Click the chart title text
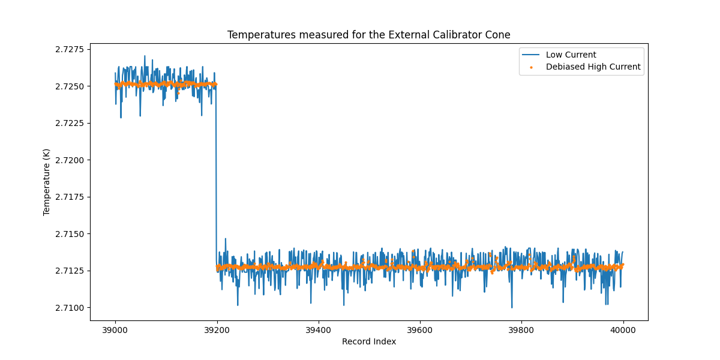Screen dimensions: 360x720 [368, 35]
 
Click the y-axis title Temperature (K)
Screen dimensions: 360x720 [47, 182]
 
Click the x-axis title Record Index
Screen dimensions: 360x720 [368, 341]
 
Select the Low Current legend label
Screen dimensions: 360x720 [571, 55]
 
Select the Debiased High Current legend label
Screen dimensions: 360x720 [593, 67]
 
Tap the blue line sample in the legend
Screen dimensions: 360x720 [531, 55]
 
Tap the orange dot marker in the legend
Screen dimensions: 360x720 [531, 67]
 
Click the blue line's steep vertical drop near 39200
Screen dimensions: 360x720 [216, 180]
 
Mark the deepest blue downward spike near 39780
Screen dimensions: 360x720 [512, 307]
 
